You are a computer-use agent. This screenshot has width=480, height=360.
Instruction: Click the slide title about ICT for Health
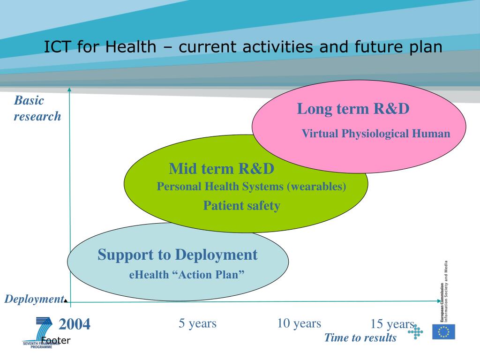[x=243, y=47]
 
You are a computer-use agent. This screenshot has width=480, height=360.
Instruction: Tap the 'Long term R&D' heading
[x=353, y=109]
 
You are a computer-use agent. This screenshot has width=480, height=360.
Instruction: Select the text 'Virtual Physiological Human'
[x=376, y=134]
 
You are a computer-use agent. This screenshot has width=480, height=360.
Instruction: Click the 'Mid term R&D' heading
[x=221, y=169]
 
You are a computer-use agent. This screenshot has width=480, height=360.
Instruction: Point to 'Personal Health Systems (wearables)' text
[x=251, y=187]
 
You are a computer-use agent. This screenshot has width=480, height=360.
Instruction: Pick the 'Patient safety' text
[x=241, y=206]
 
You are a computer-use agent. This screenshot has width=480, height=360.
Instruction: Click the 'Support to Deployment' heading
[x=178, y=255]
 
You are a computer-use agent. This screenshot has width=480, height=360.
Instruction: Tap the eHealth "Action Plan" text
[x=187, y=275]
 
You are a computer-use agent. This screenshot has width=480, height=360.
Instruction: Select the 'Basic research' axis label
[x=37, y=108]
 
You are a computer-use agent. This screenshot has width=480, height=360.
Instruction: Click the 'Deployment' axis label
[x=34, y=299]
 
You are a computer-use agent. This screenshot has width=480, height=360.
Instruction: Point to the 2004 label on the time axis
[x=75, y=324]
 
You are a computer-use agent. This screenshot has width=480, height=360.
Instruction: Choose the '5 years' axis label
[x=197, y=323]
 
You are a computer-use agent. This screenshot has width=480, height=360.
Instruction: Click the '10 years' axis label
[x=299, y=323]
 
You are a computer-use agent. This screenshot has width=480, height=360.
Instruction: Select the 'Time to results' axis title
[x=360, y=337]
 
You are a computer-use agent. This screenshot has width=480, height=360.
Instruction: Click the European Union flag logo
[x=443, y=332]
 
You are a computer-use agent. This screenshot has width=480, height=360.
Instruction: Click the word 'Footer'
[x=56, y=340]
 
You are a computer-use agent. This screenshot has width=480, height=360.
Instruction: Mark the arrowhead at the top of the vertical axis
[x=69, y=90]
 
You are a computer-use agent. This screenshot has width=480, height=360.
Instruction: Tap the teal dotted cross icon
[x=415, y=332]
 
